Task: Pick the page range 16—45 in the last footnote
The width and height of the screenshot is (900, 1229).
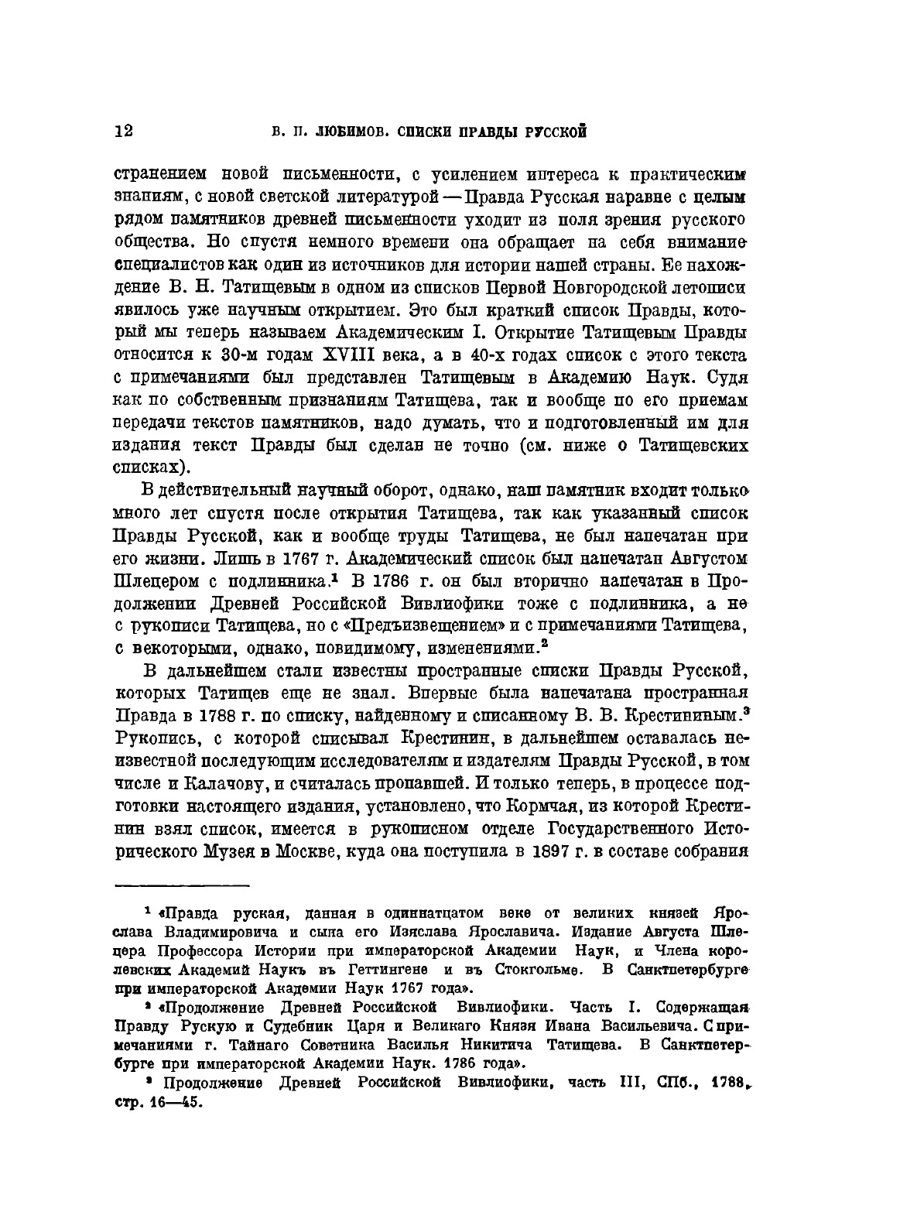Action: (x=172, y=1102)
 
